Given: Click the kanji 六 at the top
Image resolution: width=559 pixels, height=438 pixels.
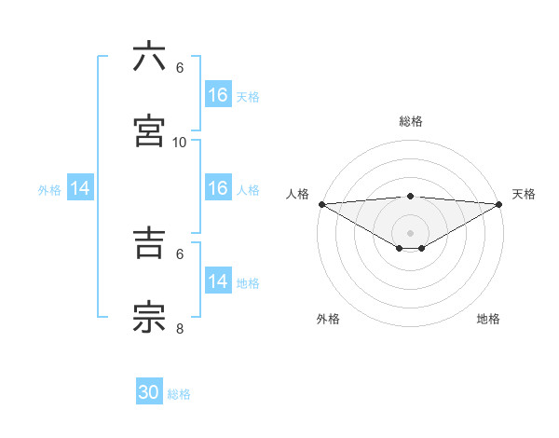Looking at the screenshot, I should pos(150,57).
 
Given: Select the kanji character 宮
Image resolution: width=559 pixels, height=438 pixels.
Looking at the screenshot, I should pos(150,131).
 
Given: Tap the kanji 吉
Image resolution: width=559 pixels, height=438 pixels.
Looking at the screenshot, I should pos(150,243).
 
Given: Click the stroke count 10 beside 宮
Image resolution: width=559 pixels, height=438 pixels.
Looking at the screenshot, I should pos(180,143).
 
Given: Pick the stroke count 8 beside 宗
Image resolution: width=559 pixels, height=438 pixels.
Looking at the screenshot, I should pos(180,329).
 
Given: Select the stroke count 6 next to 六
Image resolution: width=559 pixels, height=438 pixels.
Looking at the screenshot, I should pos(180,68).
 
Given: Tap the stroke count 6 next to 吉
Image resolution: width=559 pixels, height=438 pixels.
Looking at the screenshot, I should pos(180,253).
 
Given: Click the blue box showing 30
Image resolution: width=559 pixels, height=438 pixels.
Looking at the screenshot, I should pos(149,392).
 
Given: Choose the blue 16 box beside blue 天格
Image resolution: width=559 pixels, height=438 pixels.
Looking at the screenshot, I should pos(218,95).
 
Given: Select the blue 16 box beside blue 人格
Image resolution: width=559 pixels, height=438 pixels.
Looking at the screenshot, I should pos(218,188).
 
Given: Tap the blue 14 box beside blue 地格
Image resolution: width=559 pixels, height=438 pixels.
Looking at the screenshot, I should pos(218,281).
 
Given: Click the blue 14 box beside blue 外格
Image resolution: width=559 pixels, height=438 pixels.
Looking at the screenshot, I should pos(80,188).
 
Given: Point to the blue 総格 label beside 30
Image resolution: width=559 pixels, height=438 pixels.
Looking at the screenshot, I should pos(179,394).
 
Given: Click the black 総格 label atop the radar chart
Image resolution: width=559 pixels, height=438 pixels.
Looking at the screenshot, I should pos(411,121).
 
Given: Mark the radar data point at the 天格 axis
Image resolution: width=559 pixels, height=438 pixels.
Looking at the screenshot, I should pos(499,204).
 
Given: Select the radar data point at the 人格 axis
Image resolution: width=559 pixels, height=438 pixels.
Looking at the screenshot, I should pos(321,204).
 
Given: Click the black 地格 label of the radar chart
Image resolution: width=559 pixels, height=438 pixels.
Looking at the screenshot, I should pos(488,319).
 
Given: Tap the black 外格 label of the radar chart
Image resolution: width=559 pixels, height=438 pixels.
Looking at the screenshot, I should pos(328,319).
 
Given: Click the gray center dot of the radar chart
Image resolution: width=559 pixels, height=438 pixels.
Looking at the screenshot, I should pos(411,232).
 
